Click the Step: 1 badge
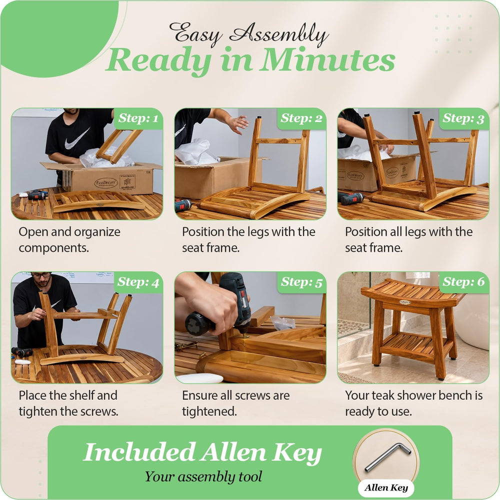pyautogui.click(x=138, y=118)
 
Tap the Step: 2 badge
pyautogui.click(x=301, y=118)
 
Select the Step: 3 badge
pyautogui.click(x=464, y=118)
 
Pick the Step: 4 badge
pyautogui.click(x=138, y=282)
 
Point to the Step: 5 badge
pyautogui.click(x=301, y=282)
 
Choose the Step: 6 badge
pyautogui.click(x=464, y=282)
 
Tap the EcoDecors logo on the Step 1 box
pyautogui.click(x=106, y=183)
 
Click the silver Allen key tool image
pyautogui.click(x=388, y=457)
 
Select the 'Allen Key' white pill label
pyautogui.click(x=386, y=487)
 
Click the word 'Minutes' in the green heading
pyautogui.click(x=327, y=60)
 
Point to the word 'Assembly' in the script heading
pyautogui.click(x=278, y=33)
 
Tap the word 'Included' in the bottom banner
pyautogui.click(x=139, y=452)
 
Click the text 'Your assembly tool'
pyautogui.click(x=203, y=476)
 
